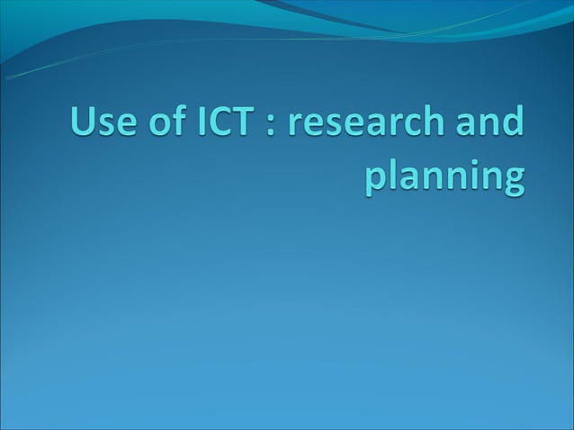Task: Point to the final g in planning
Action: pos(510,180)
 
